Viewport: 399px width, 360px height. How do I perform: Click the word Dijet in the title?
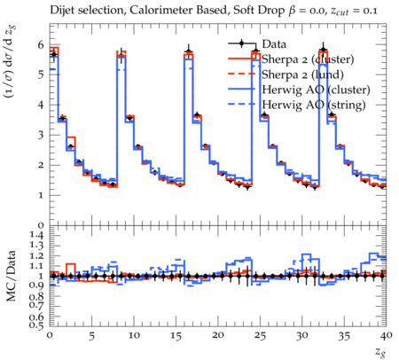60,11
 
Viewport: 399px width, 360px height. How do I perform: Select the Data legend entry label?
274,44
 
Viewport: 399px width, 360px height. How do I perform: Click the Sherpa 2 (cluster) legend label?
308,59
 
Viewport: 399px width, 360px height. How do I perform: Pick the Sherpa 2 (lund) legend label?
302,74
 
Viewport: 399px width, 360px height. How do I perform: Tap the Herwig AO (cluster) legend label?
316,90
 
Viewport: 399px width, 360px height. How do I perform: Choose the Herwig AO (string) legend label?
314,105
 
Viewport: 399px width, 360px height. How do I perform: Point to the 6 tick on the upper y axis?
41,45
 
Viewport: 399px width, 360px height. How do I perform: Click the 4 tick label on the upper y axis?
41,105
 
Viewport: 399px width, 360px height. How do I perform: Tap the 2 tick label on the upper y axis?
41,165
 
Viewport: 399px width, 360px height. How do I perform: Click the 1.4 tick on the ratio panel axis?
36,236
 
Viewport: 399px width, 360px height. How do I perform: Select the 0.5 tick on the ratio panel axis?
36,325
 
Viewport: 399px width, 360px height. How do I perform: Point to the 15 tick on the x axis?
176,336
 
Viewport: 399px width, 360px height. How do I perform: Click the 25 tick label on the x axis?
260,336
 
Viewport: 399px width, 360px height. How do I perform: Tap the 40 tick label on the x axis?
386,336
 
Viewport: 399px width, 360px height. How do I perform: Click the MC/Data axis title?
11,276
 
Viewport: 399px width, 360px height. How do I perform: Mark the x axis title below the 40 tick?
380,352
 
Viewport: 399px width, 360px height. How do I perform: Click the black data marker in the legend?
241,43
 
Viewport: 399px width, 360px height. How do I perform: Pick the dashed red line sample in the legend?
241,74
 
